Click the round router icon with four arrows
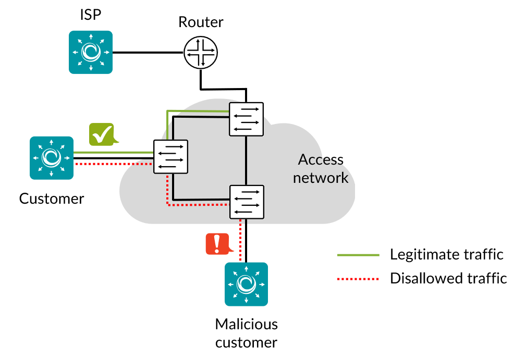coord(201,52)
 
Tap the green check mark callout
coord(102,134)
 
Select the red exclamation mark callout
coord(217,244)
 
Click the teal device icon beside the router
coord(91,52)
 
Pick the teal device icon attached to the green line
coord(52,157)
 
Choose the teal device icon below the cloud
coord(246,284)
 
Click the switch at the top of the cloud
coord(246,119)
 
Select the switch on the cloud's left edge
coord(170,156)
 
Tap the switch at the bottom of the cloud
coord(247,202)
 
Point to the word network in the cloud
coord(320,178)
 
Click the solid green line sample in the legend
coord(358,255)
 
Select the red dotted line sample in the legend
coord(358,279)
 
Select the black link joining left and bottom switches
coord(201,199)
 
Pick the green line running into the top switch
coord(198,111)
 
